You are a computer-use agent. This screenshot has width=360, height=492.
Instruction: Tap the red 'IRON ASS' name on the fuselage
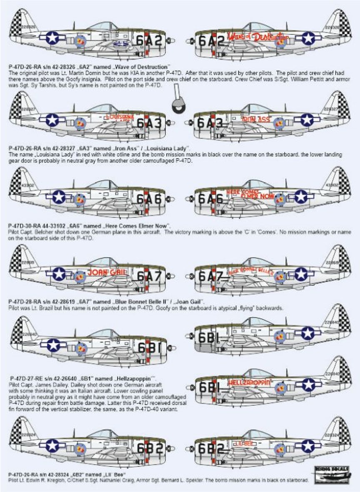coord(256,120)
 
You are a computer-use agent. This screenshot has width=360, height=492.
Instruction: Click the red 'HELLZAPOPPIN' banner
coord(249,382)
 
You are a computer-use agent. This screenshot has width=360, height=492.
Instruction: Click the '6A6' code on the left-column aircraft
coord(149,199)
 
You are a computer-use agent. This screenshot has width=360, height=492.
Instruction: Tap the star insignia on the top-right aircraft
coord(307,38)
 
